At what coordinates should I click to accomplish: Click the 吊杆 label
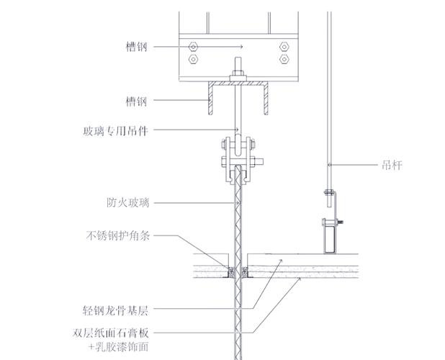pos(392,165)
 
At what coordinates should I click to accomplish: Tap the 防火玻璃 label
pos(127,203)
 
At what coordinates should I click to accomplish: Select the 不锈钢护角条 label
pos(118,235)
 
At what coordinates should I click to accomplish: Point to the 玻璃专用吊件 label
pos(115,131)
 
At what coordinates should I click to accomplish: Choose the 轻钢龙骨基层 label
pos(115,310)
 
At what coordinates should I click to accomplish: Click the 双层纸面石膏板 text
pos(111,333)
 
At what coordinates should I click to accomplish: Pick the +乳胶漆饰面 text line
pos(118,346)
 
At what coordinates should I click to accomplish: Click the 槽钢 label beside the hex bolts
pos(137,47)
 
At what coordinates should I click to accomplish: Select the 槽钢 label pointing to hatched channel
pos(137,101)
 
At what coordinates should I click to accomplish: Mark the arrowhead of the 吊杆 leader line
pos(329,165)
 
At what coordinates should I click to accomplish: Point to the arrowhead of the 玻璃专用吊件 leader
pos(237,130)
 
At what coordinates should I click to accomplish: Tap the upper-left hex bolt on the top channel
pos(193,46)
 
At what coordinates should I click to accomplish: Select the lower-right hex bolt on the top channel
pos(284,59)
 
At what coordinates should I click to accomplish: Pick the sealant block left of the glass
pos(232,272)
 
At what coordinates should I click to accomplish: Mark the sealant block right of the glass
pos(244,272)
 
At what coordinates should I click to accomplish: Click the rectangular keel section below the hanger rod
pos(329,235)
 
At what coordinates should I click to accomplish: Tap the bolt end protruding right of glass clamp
pos(259,162)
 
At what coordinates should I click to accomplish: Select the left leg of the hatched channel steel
pos(210,99)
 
